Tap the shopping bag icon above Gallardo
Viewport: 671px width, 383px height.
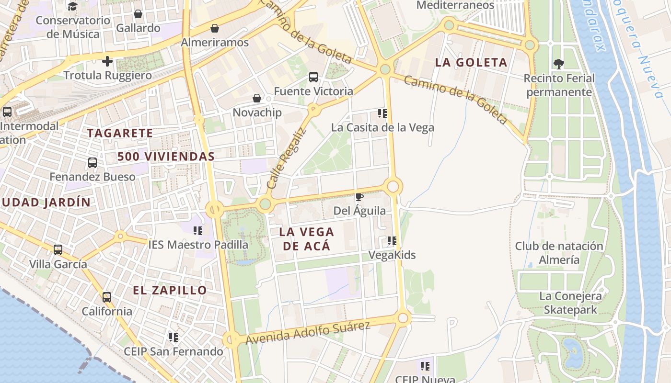(138, 14)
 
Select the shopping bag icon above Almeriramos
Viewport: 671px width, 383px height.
(215, 28)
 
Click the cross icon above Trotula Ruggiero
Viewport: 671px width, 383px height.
(107, 61)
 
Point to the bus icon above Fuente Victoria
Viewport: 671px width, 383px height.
(313, 77)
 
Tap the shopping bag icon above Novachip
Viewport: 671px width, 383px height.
(257, 98)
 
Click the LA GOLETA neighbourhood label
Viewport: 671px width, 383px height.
(471, 62)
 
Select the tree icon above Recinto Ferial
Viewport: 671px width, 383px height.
(558, 64)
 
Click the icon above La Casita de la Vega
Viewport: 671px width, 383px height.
(382, 113)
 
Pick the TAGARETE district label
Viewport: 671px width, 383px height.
(120, 133)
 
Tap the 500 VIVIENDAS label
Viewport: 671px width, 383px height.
(166, 157)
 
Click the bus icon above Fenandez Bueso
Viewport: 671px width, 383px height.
(93, 163)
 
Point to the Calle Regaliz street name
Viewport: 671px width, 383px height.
(286, 158)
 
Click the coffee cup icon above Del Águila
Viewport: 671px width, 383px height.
(359, 197)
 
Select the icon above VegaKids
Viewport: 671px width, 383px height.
(392, 241)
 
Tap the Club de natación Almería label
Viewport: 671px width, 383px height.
(559, 253)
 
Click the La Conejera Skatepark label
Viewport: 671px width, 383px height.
(570, 303)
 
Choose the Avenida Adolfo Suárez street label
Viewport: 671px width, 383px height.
(308, 333)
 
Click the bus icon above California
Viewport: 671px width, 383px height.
(107, 297)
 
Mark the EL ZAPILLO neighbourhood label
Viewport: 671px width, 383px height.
(170, 290)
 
